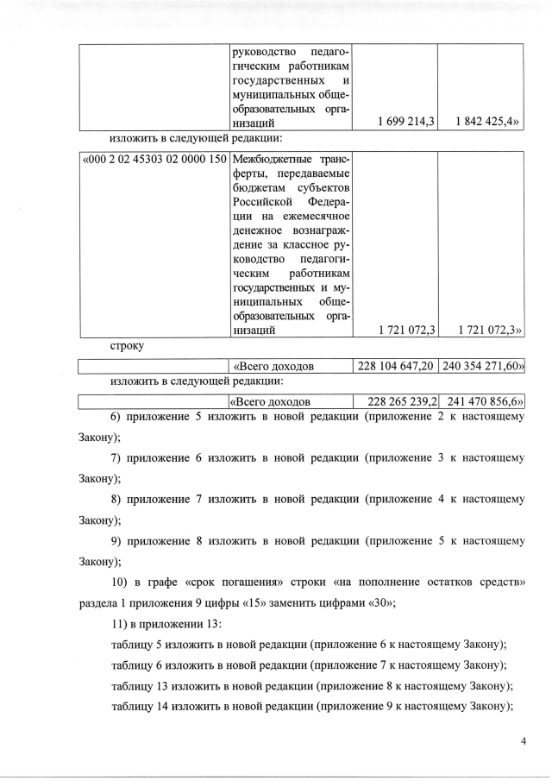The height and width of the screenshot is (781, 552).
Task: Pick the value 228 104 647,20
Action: [x=396, y=366]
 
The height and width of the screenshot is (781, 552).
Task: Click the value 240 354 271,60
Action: [x=482, y=366]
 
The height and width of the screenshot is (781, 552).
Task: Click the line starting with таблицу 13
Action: [x=312, y=686]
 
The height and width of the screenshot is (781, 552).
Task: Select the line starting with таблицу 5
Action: [x=308, y=645]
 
